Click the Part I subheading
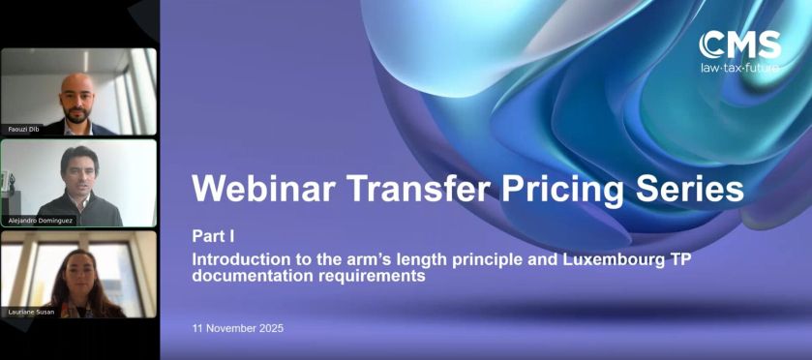click(213, 236)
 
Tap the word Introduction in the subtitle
click(236, 259)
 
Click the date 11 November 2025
click(237, 328)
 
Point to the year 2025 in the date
click(270, 328)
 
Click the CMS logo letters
click(740, 45)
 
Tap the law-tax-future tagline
click(739, 68)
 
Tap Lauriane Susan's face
click(77, 266)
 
